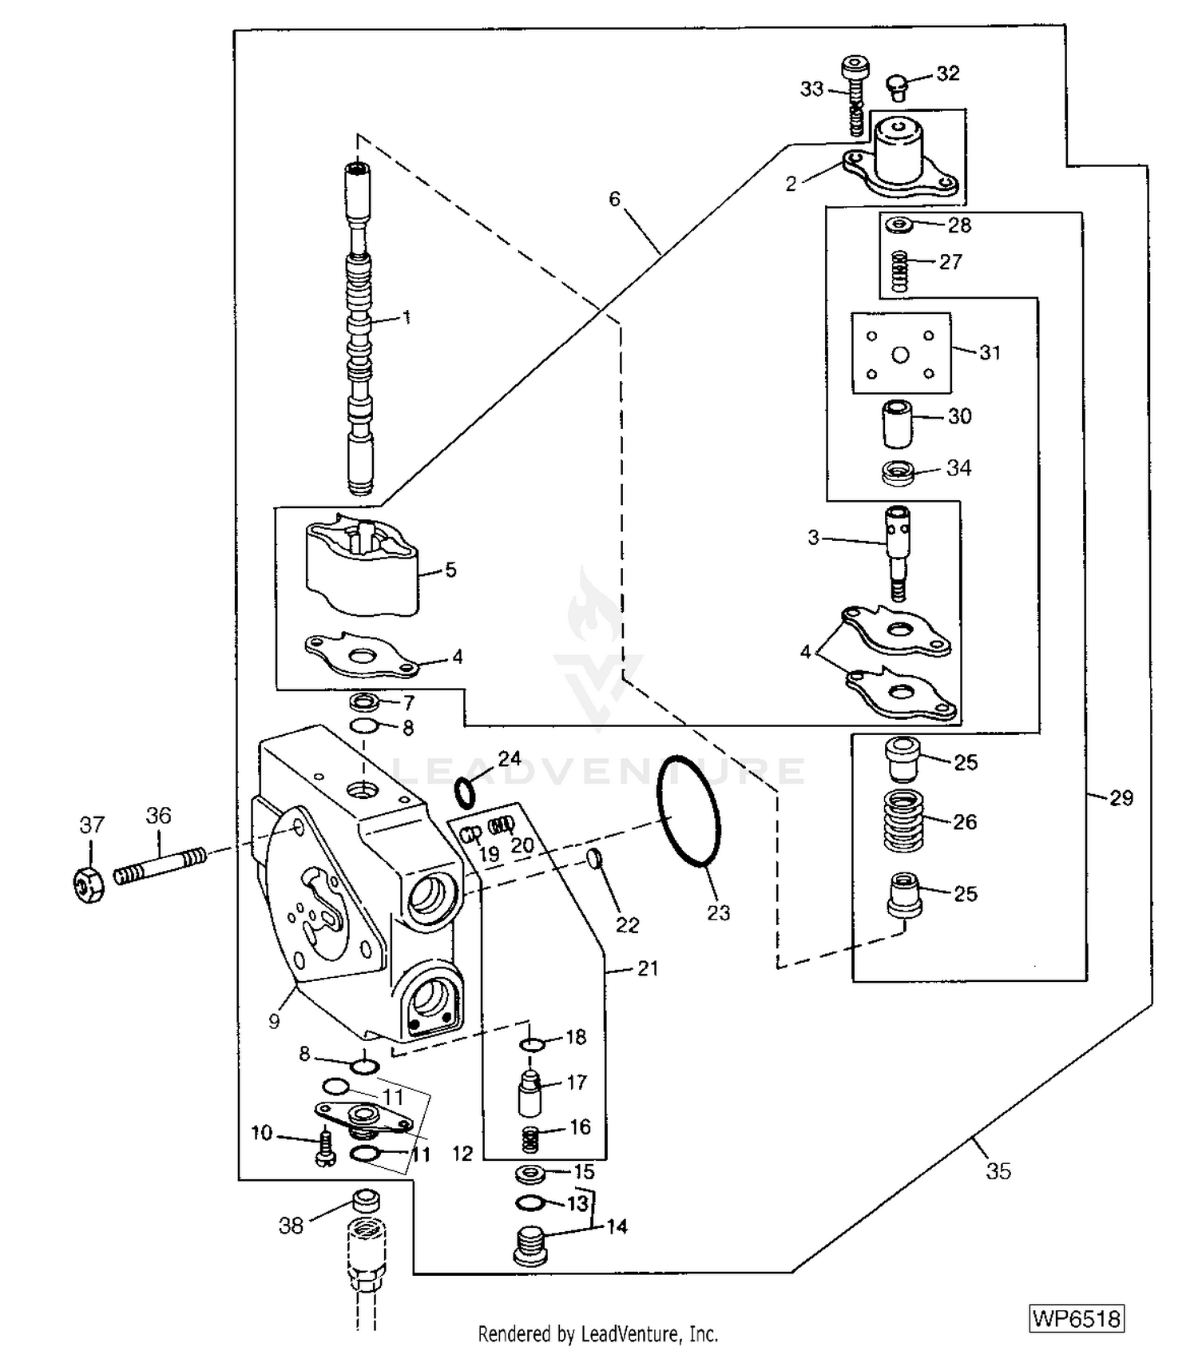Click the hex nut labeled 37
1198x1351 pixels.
(x=89, y=884)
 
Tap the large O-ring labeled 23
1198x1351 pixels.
(x=689, y=810)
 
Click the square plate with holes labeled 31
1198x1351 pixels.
(x=901, y=353)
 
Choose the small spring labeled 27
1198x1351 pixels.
(x=900, y=271)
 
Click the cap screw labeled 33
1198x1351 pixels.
(x=855, y=95)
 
